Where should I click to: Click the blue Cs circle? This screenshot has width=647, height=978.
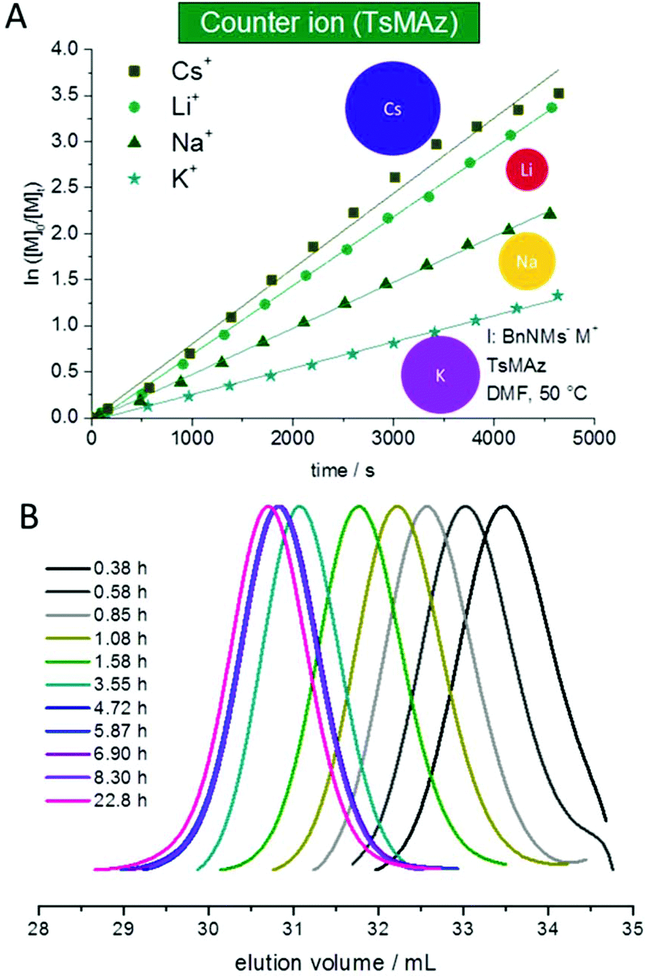pyautogui.click(x=393, y=108)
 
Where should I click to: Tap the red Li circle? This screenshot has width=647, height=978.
pyautogui.click(x=527, y=170)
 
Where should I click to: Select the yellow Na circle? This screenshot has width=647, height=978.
pyautogui.click(x=526, y=262)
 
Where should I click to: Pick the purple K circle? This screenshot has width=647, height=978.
pyautogui.click(x=440, y=375)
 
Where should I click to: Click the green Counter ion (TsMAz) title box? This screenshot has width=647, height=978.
pyautogui.click(x=328, y=23)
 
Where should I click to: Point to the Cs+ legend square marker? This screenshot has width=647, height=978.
pyautogui.click(x=134, y=71)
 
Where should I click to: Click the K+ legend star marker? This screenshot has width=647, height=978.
pyautogui.click(x=134, y=178)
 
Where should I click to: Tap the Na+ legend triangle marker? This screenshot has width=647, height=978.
pyautogui.click(x=134, y=142)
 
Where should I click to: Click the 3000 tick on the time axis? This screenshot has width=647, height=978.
pyautogui.click(x=393, y=438)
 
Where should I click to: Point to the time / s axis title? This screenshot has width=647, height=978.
pyautogui.click(x=342, y=470)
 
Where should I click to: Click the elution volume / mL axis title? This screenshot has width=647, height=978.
pyautogui.click(x=335, y=963)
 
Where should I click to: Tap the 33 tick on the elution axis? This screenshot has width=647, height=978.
pyautogui.click(x=463, y=929)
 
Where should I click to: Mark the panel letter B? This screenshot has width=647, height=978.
pyautogui.click(x=28, y=517)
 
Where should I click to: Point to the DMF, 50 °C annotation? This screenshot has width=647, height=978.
pyautogui.click(x=537, y=394)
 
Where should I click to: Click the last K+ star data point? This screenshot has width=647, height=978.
pyautogui.click(x=557, y=295)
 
